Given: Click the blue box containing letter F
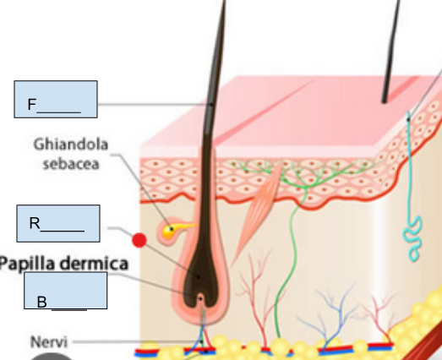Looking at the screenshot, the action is [56, 99].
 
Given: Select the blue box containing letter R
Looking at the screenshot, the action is [58, 224].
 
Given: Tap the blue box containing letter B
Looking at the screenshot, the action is [66, 291].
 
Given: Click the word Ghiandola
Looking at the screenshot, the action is [71, 145].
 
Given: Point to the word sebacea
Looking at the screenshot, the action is [71, 164].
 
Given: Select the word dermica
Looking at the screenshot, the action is [95, 264].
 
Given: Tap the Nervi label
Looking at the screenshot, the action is [49, 342].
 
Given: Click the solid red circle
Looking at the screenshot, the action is [139, 241].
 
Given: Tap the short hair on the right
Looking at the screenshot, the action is [390, 51].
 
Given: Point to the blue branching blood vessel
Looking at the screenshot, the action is [333, 319].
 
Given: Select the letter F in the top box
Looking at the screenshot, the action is [32, 104].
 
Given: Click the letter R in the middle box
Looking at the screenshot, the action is [35, 223].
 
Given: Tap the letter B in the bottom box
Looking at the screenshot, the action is [41, 302].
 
